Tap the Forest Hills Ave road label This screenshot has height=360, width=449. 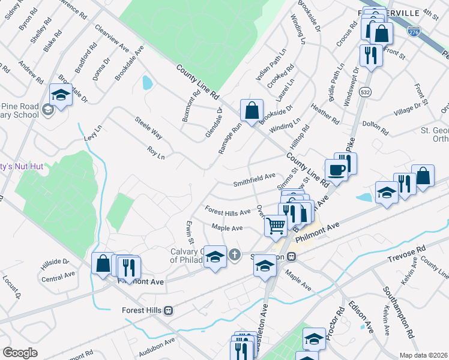click(x=228, y=212)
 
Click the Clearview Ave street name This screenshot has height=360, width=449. click(x=112, y=38)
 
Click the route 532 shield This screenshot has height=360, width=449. click(x=365, y=92)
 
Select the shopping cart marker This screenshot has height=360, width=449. click(x=276, y=226)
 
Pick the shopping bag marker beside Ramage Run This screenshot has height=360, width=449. click(x=252, y=110)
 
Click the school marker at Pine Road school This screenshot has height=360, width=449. click(x=60, y=95)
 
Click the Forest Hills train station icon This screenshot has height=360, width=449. click(x=169, y=310)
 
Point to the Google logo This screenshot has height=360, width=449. click(x=20, y=353)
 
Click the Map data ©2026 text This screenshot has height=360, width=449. click(x=423, y=355)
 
